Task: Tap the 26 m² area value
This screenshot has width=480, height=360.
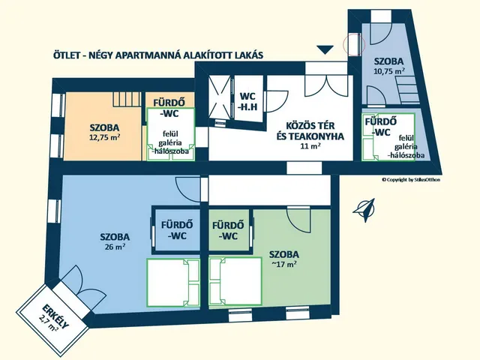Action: point(115,247)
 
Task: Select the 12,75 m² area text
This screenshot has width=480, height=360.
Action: point(104,137)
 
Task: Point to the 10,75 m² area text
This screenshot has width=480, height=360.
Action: point(389,71)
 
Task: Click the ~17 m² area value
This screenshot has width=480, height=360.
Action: point(283,264)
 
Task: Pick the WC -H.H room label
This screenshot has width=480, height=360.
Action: point(248,101)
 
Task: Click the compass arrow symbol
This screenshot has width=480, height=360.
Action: point(364,210)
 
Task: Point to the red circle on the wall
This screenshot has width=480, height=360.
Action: point(354,45)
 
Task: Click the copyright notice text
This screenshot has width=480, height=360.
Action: point(411,180)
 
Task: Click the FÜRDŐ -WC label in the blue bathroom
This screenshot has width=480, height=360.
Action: point(177,230)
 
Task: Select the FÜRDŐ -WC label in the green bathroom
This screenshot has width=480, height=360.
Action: point(228,230)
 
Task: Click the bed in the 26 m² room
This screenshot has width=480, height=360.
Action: point(173,282)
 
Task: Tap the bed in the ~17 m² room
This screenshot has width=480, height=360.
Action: point(235,281)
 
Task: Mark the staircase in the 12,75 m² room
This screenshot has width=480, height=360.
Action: point(127,99)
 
